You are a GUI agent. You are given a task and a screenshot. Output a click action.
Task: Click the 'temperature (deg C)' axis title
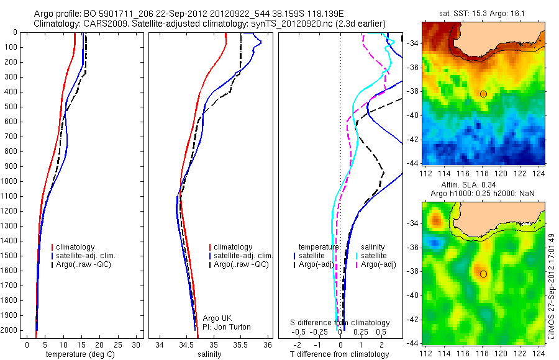81,354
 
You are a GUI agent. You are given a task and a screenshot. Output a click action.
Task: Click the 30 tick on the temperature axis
137,344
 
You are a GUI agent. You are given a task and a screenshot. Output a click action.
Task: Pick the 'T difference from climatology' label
340,354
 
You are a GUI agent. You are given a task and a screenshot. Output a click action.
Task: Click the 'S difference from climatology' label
340,323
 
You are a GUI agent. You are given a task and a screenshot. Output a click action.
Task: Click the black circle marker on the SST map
483,94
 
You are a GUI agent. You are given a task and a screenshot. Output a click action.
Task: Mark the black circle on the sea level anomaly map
483,274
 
